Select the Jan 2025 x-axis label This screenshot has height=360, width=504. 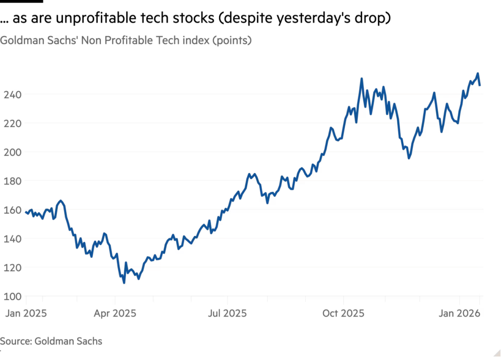click(26, 313)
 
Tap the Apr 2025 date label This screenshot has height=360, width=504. click(115, 313)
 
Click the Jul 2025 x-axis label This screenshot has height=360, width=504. click(227, 313)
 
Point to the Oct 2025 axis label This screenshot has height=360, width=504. click(343, 313)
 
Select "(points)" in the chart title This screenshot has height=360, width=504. click(232, 41)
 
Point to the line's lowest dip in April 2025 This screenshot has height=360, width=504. click(124, 283)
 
